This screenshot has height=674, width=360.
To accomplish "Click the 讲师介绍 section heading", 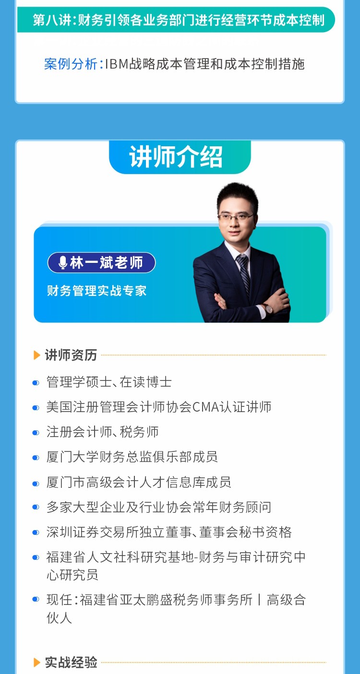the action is coord(176,157).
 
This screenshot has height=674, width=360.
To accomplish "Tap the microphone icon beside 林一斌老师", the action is coord(62,262).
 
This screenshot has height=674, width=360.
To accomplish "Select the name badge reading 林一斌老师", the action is coord(101,263).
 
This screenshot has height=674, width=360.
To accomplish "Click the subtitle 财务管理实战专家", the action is coord(96,291).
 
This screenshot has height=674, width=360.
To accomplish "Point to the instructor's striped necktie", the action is coord(243,274).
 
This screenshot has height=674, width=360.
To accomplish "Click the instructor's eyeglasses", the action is coord(236,217).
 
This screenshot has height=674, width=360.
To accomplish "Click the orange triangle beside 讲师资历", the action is coord(37,355).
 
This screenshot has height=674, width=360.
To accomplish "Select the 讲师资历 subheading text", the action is coord(71,355).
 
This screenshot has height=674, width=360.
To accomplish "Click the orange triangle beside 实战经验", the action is coord(37,662).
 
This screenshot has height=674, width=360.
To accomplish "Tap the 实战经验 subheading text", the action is coord(71,662).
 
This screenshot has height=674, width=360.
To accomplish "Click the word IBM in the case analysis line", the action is coord(117,64).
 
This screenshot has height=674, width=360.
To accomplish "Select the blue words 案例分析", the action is coord(71,64).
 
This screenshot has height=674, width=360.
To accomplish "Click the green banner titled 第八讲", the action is coord(176,20).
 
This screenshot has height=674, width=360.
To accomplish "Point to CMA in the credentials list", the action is coord(205,407).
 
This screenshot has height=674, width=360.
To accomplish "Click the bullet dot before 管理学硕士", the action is coord(36,383).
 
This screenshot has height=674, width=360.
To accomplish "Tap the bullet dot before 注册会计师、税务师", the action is coord(36,433).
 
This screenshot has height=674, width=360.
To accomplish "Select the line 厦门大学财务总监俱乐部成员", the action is coord(132,457).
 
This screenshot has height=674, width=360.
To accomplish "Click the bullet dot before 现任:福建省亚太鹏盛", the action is coord(36,599).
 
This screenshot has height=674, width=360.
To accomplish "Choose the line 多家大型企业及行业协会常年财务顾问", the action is coord(158,507).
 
